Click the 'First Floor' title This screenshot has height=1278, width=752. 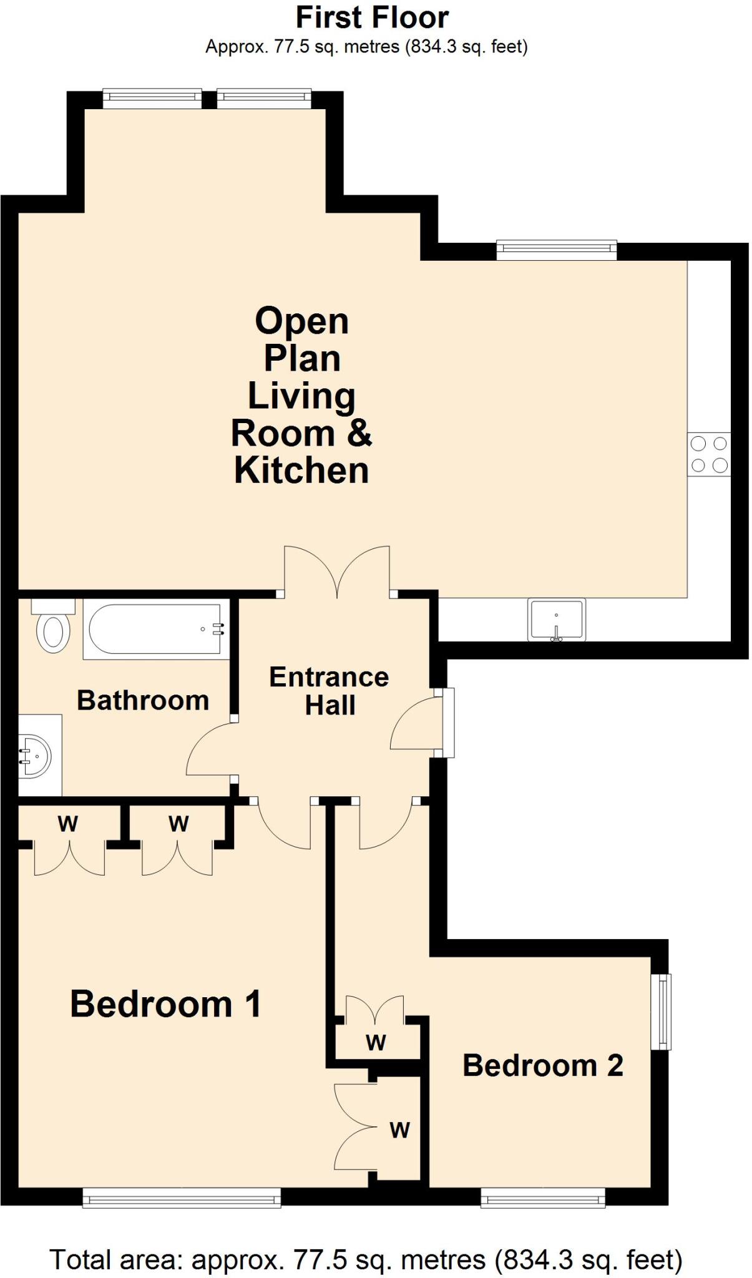coord(372,17)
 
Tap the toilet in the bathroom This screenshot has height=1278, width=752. coord(53,626)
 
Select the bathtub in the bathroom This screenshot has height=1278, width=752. coord(155,629)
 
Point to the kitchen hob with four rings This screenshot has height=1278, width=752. coord(709,454)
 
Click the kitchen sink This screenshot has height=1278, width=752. coord(557,620)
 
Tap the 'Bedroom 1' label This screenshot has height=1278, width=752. coord(165,1005)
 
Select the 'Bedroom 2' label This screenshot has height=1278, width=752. coord(543,1065)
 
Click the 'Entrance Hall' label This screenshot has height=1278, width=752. coord(330,691)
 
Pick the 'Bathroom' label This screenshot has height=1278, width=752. coord(143,700)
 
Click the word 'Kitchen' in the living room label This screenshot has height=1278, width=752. coord(301,470)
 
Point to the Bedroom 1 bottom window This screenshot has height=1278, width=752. coord(182,1197)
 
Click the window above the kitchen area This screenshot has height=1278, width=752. coord(557,251)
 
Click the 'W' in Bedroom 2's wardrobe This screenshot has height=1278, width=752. coord(376,1043)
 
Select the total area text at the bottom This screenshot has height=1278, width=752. coord(366,1259)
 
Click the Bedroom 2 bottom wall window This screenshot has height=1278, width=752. coord(543,1197)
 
